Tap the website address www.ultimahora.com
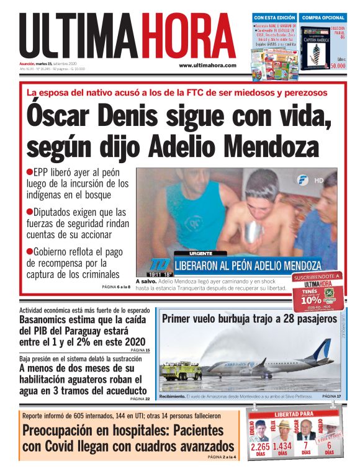[x=207, y=65]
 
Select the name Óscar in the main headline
[x=59, y=117]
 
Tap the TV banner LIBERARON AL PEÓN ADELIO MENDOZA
[x=248, y=266]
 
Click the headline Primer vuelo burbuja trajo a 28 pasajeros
[x=249, y=319]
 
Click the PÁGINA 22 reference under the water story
[x=139, y=399]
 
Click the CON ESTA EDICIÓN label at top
[x=273, y=17]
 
